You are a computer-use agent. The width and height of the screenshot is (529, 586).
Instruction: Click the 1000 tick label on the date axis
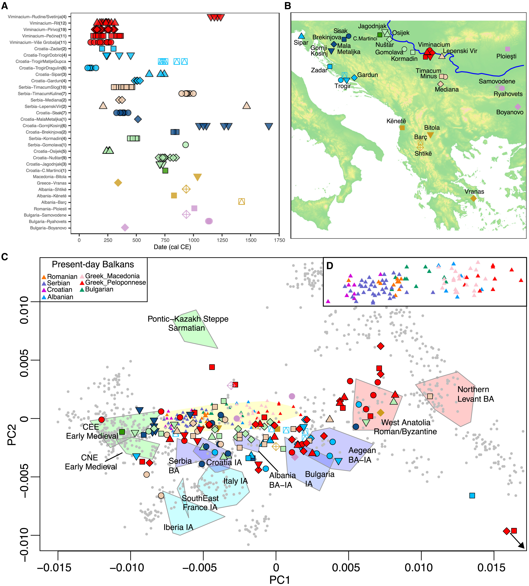click(x=193, y=240)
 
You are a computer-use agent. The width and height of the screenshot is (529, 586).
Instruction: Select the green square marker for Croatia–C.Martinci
click(x=165, y=171)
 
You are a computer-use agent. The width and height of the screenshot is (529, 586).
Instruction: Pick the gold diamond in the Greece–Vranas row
click(x=118, y=183)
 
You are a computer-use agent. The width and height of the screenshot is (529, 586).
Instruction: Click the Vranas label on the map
click(x=474, y=192)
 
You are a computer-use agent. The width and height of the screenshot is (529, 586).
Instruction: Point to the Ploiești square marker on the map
click(x=507, y=49)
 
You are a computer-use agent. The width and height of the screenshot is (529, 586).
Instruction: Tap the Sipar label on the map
click(x=301, y=42)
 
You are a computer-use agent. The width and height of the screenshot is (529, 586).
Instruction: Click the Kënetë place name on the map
click(x=396, y=121)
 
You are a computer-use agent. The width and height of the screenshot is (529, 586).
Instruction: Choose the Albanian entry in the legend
click(x=60, y=297)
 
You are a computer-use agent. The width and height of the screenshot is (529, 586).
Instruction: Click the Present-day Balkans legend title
click(x=93, y=264)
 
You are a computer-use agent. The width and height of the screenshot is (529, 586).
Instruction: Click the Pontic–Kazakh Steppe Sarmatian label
click(x=188, y=323)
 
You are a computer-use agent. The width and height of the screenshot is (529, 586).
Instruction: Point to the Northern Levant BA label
click(x=475, y=394)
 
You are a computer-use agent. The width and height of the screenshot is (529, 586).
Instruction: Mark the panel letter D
click(x=330, y=266)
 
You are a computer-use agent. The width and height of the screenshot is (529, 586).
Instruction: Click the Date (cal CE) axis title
click(x=172, y=247)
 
